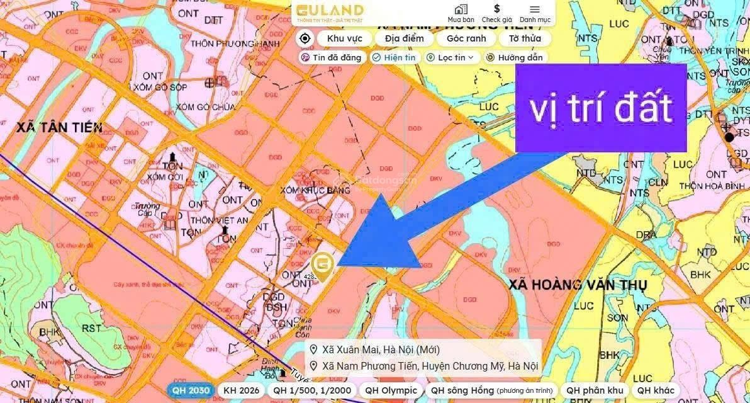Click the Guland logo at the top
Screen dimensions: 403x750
(x=330, y=11)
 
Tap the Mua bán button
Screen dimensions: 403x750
(x=461, y=13)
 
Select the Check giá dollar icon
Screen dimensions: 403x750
(x=496, y=13)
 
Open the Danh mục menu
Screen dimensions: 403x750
(x=535, y=13)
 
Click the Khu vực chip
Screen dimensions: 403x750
(x=340, y=38)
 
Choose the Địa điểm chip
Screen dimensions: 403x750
(x=405, y=38)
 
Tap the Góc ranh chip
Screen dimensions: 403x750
(x=466, y=38)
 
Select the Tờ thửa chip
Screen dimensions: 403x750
(x=525, y=38)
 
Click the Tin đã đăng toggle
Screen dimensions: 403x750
(x=332, y=57)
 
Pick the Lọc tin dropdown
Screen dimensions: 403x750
(x=452, y=57)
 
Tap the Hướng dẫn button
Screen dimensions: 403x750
(x=514, y=57)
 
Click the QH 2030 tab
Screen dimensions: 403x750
(x=190, y=390)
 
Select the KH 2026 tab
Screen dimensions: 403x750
(x=241, y=390)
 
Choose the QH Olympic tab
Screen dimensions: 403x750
(x=391, y=390)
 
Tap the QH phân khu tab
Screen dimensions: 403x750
(x=595, y=390)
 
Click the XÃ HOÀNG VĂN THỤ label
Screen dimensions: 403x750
(x=578, y=285)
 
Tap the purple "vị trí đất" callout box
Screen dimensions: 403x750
(x=600, y=108)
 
